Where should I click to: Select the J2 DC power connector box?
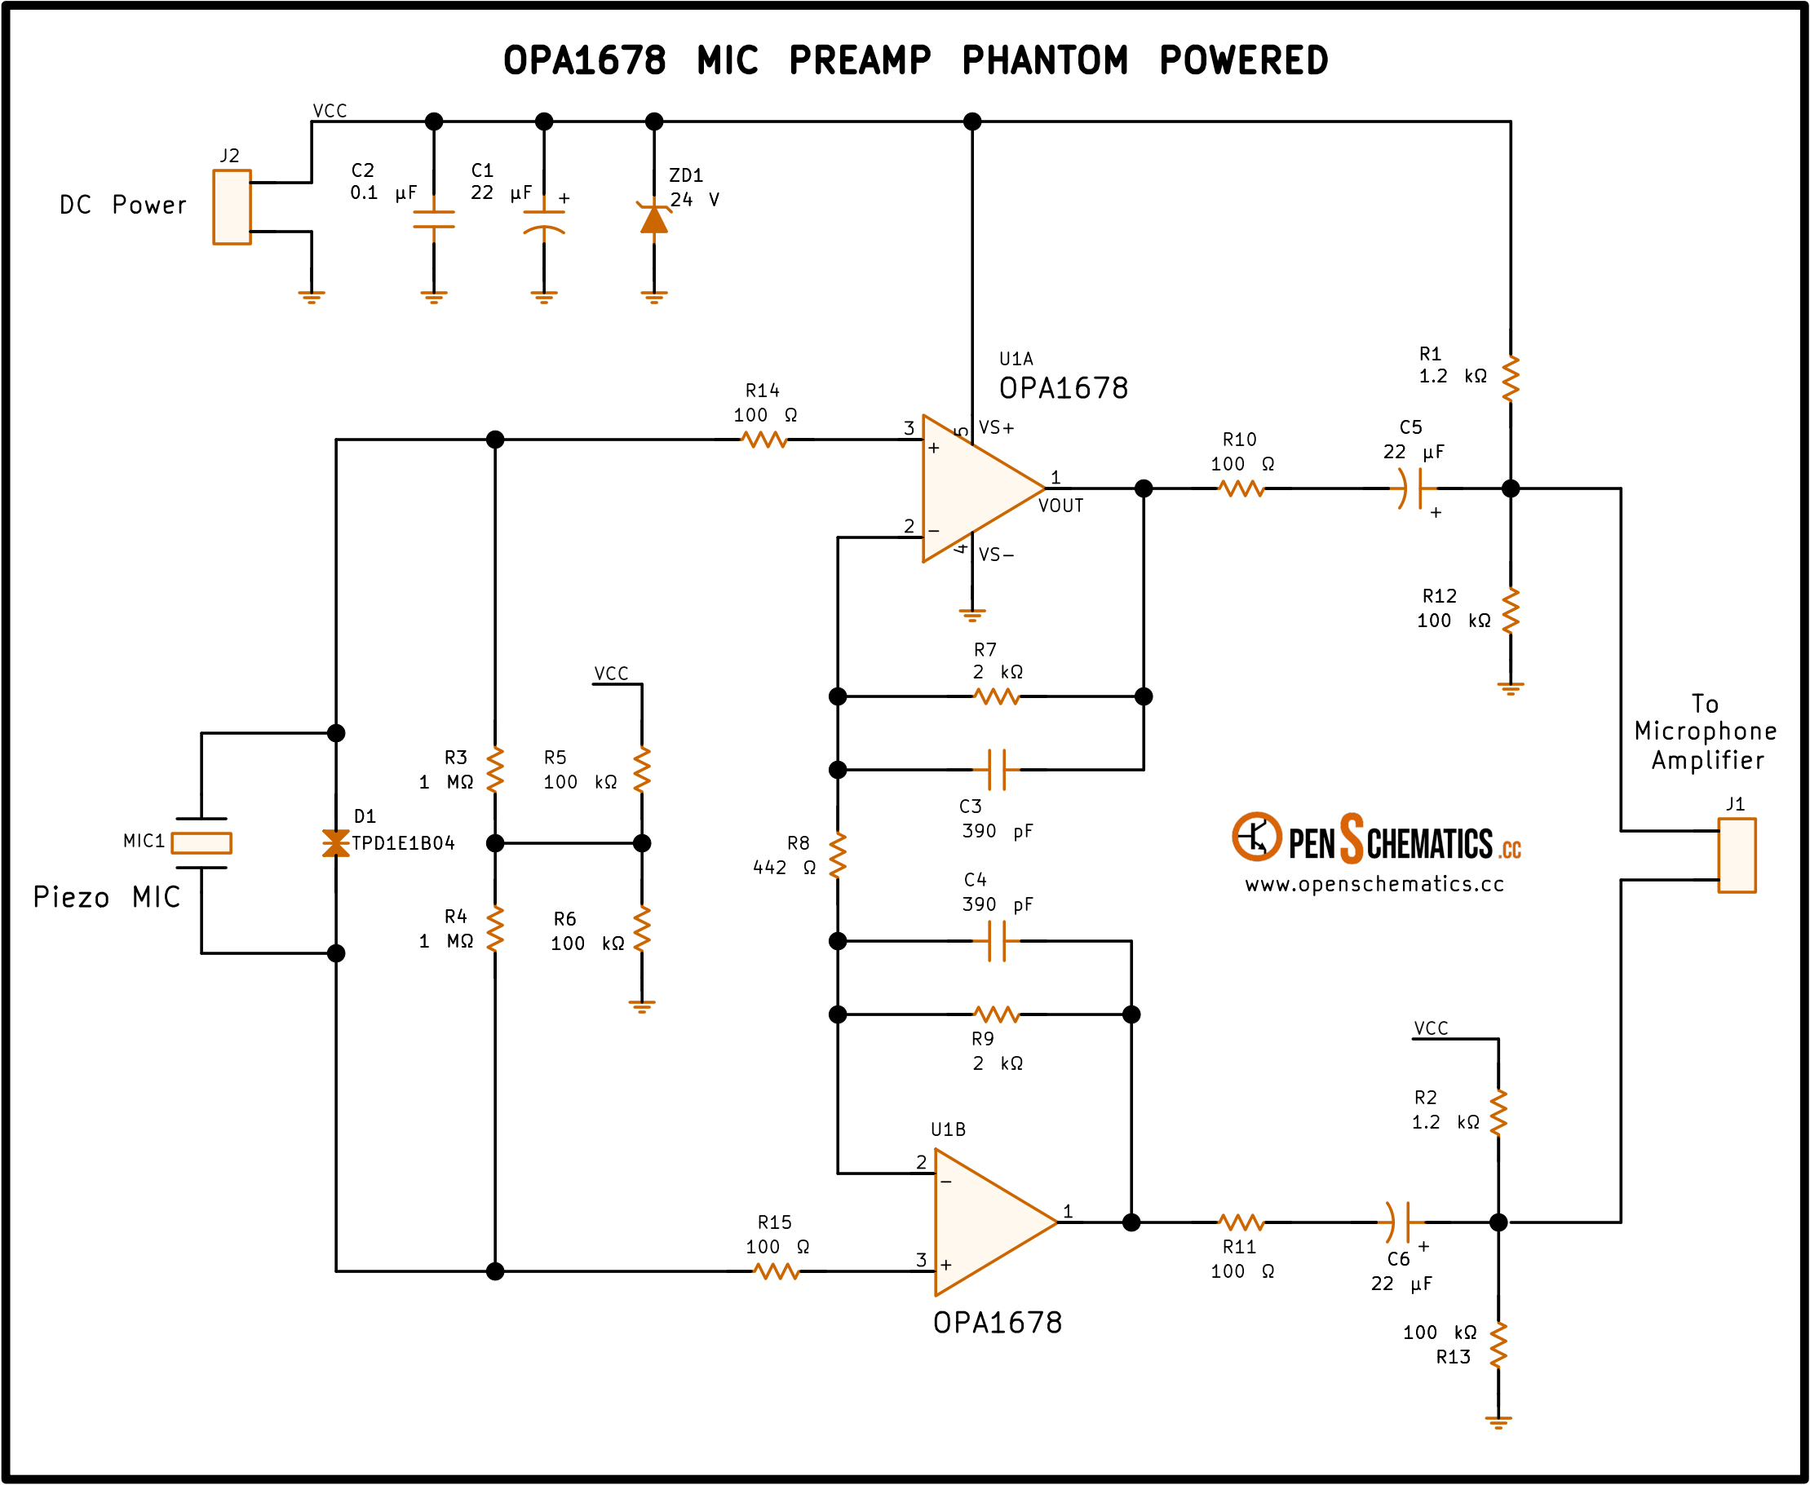pyautogui.click(x=232, y=207)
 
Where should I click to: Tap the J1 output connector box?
pyautogui.click(x=1737, y=855)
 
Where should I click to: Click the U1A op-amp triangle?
pyautogui.click(x=984, y=488)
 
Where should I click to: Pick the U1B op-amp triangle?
pyautogui.click(x=997, y=1222)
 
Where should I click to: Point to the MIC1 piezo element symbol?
pyautogui.click(x=201, y=842)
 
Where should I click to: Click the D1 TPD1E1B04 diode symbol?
pyautogui.click(x=336, y=842)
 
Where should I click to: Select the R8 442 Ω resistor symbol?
pyautogui.click(x=839, y=855)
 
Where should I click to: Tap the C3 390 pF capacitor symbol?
pyautogui.click(x=997, y=770)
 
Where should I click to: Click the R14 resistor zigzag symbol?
pyautogui.click(x=763, y=440)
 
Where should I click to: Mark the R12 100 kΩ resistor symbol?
pyautogui.click(x=1511, y=611)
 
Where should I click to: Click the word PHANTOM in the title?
pyautogui.click(x=1044, y=60)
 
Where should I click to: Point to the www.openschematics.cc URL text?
pyautogui.click(x=1374, y=885)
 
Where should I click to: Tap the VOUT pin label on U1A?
pyautogui.click(x=1060, y=506)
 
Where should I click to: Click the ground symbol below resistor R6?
pyautogui.click(x=642, y=1007)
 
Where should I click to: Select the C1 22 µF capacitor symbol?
pyautogui.click(x=544, y=221)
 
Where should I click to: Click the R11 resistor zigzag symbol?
pyautogui.click(x=1241, y=1222)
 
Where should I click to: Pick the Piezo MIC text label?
pyautogui.click(x=107, y=897)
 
